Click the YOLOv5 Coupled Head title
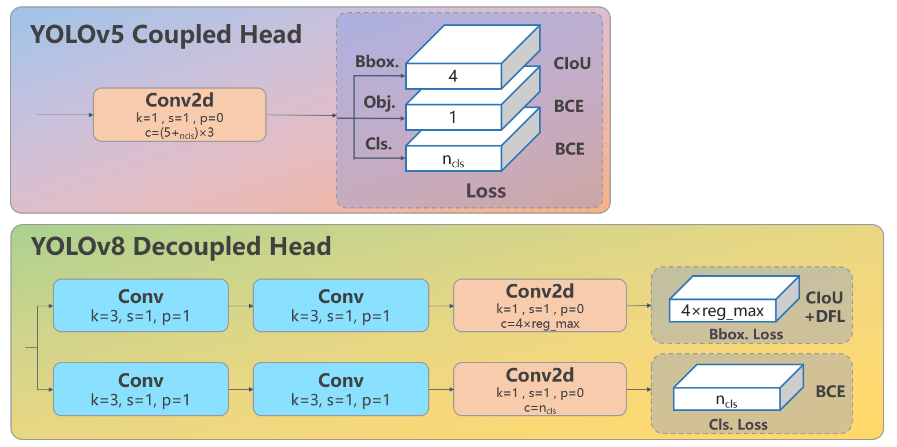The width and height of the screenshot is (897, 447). point(166,35)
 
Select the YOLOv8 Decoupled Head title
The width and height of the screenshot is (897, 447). point(181,247)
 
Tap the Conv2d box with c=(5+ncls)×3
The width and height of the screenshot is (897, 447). point(179,115)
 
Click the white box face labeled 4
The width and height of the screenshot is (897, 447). point(453,76)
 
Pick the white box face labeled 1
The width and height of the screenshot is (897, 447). point(453,118)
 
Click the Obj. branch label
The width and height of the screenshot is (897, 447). point(379,104)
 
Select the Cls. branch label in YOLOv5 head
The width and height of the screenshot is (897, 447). point(379,144)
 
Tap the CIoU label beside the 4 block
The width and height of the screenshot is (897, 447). point(571,63)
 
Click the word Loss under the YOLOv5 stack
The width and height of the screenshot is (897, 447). point(486,190)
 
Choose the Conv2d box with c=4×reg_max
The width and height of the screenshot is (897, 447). point(539,305)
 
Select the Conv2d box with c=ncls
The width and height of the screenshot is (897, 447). point(539,389)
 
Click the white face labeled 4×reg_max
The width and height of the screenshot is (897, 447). point(722,311)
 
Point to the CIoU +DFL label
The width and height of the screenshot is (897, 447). point(825,306)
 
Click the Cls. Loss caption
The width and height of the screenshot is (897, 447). point(738,424)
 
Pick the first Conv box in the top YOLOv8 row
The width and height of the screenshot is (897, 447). point(140,305)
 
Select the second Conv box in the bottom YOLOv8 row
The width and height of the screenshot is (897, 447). point(341,389)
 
